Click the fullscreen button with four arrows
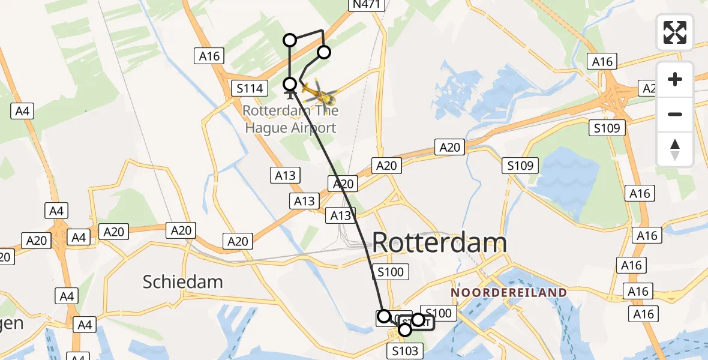click(x=675, y=32)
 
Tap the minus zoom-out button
click(x=675, y=114)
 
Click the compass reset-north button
click(x=675, y=149)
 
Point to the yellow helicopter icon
click(x=319, y=93)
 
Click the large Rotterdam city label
click(x=439, y=243)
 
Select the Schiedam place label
click(x=183, y=281)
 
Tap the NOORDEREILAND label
click(x=509, y=293)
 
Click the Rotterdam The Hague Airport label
click(x=290, y=119)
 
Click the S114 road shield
click(x=248, y=89)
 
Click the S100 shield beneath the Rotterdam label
click(x=391, y=272)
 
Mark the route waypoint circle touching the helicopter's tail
click(x=290, y=84)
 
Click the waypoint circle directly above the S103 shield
click(x=405, y=329)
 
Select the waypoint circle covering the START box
click(x=418, y=320)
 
